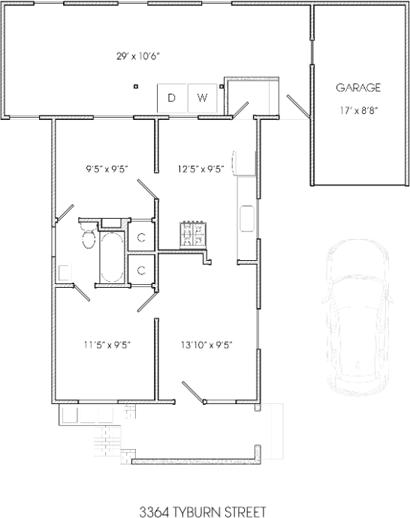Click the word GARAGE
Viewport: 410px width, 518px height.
point(358,88)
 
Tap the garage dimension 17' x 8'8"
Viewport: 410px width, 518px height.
point(358,109)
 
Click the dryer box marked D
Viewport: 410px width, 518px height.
point(171,98)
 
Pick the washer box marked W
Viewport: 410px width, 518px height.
point(202,98)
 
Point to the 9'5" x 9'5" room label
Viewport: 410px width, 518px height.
point(108,169)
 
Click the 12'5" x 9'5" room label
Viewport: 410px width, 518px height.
point(200,169)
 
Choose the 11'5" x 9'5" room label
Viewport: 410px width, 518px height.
point(108,345)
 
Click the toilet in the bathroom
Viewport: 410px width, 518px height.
point(87,238)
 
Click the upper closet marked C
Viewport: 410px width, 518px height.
point(141,238)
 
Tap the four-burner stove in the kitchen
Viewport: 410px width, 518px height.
point(191,235)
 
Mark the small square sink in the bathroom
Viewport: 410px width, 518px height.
point(65,271)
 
